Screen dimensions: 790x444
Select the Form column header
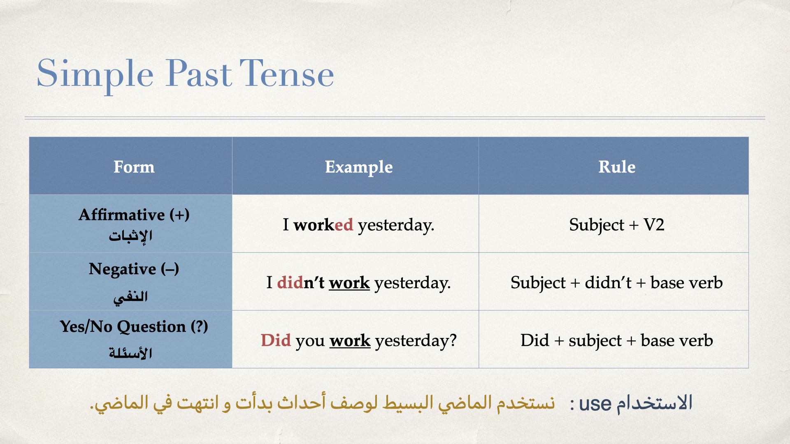pyautogui.click(x=134, y=166)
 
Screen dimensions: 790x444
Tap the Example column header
pyautogui.click(x=359, y=167)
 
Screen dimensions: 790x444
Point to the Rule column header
pyautogui.click(x=617, y=166)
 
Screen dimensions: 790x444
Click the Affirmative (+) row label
pyautogui.click(x=134, y=215)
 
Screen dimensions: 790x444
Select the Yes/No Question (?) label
pyautogui.click(x=134, y=326)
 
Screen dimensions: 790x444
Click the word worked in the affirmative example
pyautogui.click(x=323, y=224)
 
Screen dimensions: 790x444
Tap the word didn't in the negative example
pyautogui.click(x=300, y=282)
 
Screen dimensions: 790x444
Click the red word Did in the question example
pyautogui.click(x=276, y=340)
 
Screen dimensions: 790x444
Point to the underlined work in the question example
pyautogui.click(x=350, y=341)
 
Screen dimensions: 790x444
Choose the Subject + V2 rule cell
pyautogui.click(x=617, y=225)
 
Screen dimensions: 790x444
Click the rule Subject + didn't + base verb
pyautogui.click(x=617, y=283)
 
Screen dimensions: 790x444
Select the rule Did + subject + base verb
pyautogui.click(x=617, y=341)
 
